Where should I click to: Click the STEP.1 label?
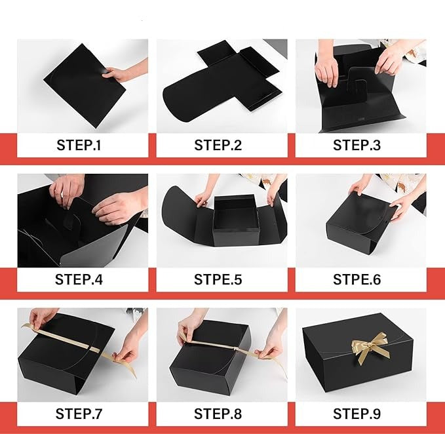coord(79,145)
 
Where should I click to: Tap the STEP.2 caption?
coord(218,145)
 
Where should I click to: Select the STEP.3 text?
coord(357,145)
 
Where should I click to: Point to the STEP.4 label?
coord(79,279)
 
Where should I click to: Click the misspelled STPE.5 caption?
coord(218,279)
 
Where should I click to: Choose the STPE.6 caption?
coord(357,279)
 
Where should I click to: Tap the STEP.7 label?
coord(79,414)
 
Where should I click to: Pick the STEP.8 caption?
coord(218,414)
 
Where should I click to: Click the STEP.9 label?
coord(357,414)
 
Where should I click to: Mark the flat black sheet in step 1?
coord(85,85)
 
